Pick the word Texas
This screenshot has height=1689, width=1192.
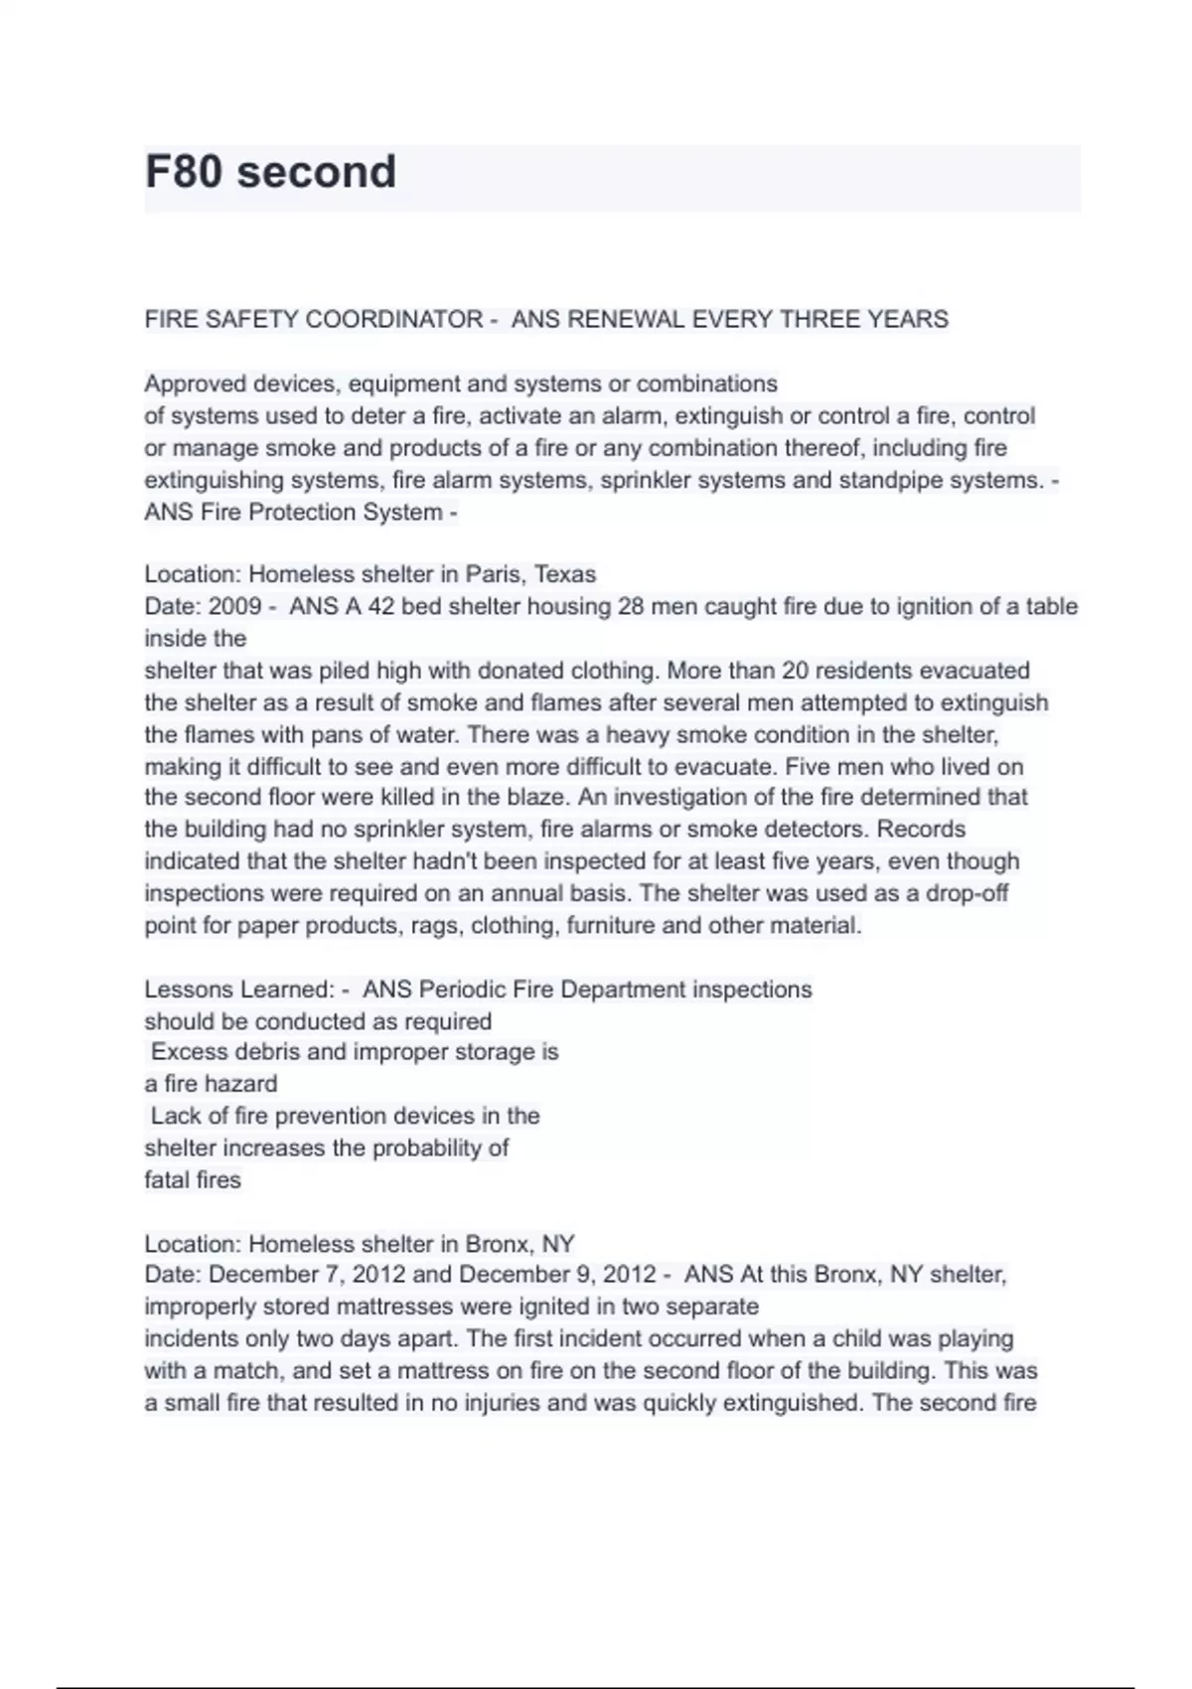tap(565, 574)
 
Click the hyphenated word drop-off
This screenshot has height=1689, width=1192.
tap(967, 893)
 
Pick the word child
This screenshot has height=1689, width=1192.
tap(859, 1339)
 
